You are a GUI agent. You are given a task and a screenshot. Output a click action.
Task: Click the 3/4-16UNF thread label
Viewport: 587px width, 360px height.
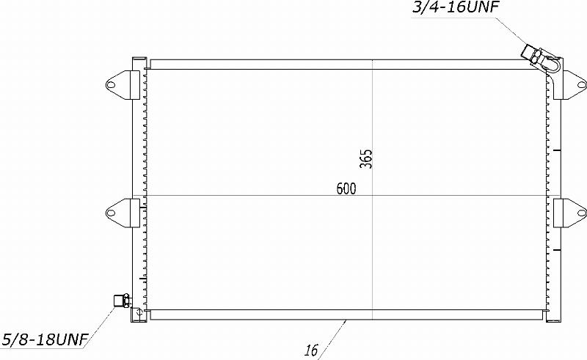455,7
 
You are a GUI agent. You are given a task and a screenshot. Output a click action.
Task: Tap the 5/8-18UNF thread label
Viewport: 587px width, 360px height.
45,339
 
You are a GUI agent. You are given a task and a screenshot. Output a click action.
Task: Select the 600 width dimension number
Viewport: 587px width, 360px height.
346,188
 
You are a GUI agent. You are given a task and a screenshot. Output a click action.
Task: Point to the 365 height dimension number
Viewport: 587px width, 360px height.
366,158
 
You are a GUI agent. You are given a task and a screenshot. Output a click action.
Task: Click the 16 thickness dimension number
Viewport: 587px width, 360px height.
311,350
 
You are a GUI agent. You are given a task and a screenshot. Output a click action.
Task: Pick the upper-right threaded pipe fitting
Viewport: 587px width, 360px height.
533,55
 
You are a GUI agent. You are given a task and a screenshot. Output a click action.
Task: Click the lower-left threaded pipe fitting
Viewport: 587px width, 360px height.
121,301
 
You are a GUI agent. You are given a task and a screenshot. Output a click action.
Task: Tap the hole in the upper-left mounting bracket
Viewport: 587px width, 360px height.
111,84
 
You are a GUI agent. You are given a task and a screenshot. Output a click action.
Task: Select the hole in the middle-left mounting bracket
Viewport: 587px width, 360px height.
111,213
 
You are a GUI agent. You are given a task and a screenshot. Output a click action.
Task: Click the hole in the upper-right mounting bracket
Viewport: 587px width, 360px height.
582,84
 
